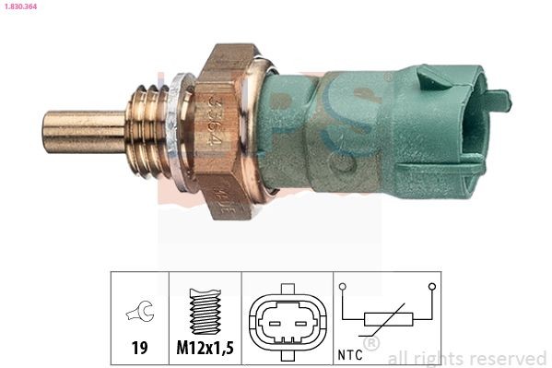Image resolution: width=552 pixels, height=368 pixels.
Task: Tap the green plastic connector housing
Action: click(369, 134)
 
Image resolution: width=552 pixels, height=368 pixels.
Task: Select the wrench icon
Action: click(138, 314)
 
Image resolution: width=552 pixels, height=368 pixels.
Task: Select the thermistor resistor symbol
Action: click(387, 320)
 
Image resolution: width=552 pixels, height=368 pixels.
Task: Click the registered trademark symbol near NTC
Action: click(371, 345)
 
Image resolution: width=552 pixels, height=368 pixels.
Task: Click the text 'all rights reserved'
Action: click(467, 358)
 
